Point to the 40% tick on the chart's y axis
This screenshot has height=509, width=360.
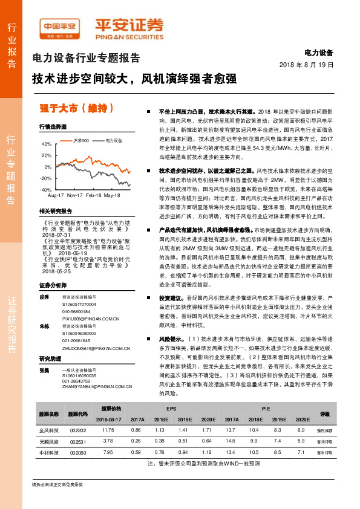coord(47,144)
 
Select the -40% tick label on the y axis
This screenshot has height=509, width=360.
coord(46,189)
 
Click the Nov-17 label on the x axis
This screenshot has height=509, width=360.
coord(75,195)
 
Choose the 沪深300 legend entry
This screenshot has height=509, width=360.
coord(80,140)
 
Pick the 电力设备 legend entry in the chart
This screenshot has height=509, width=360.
coord(114,140)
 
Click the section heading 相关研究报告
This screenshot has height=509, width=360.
coord(55,211)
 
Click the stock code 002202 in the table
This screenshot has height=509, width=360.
coord(79,430)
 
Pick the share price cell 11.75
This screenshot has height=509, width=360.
coord(109,430)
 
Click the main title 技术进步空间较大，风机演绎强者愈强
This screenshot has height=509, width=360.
coord(134,79)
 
